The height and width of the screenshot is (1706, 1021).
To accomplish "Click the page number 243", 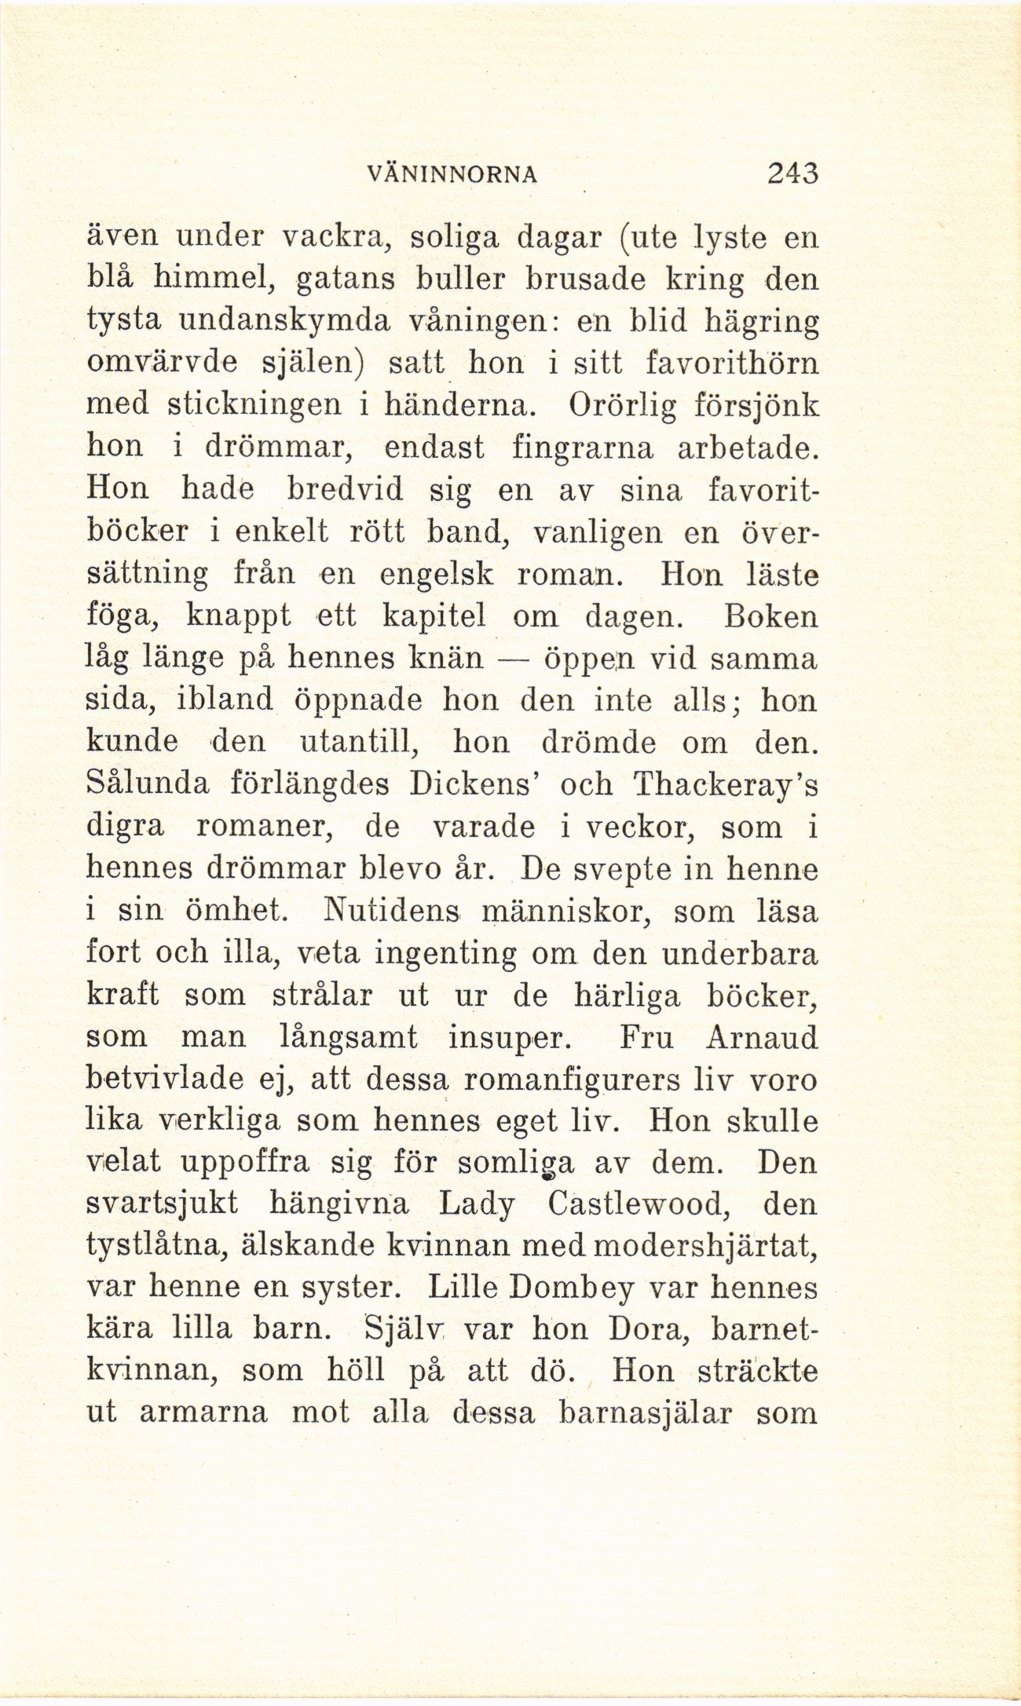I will click(794, 172).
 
